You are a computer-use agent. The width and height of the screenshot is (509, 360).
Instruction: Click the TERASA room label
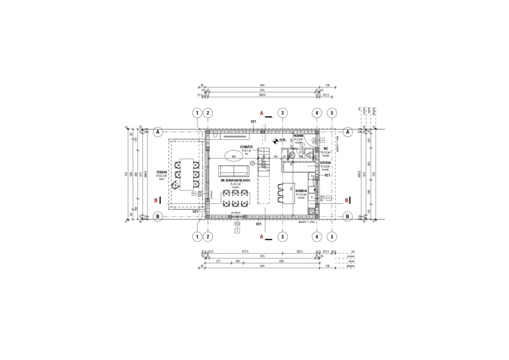[x=162, y=173]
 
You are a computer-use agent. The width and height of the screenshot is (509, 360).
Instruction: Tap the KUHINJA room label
[x=301, y=191]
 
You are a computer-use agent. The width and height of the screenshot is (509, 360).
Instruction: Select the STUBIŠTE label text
[x=247, y=147]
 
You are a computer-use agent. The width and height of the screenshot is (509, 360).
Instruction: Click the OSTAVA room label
[x=325, y=163]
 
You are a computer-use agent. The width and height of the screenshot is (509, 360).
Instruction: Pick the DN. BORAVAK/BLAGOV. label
[x=235, y=180]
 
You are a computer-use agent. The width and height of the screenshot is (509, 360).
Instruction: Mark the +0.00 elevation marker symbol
[x=276, y=140]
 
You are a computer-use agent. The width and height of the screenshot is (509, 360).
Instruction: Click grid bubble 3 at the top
[x=283, y=113]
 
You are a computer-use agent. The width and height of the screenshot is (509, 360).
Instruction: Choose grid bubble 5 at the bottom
[x=332, y=236]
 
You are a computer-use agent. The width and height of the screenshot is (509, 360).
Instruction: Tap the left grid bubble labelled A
[x=158, y=132]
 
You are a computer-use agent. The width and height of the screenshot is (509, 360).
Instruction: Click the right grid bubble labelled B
[x=347, y=216]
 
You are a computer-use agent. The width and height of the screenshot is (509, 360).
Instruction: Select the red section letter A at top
[x=262, y=113]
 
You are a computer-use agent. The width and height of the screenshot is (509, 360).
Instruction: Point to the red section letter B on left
[x=156, y=200]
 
